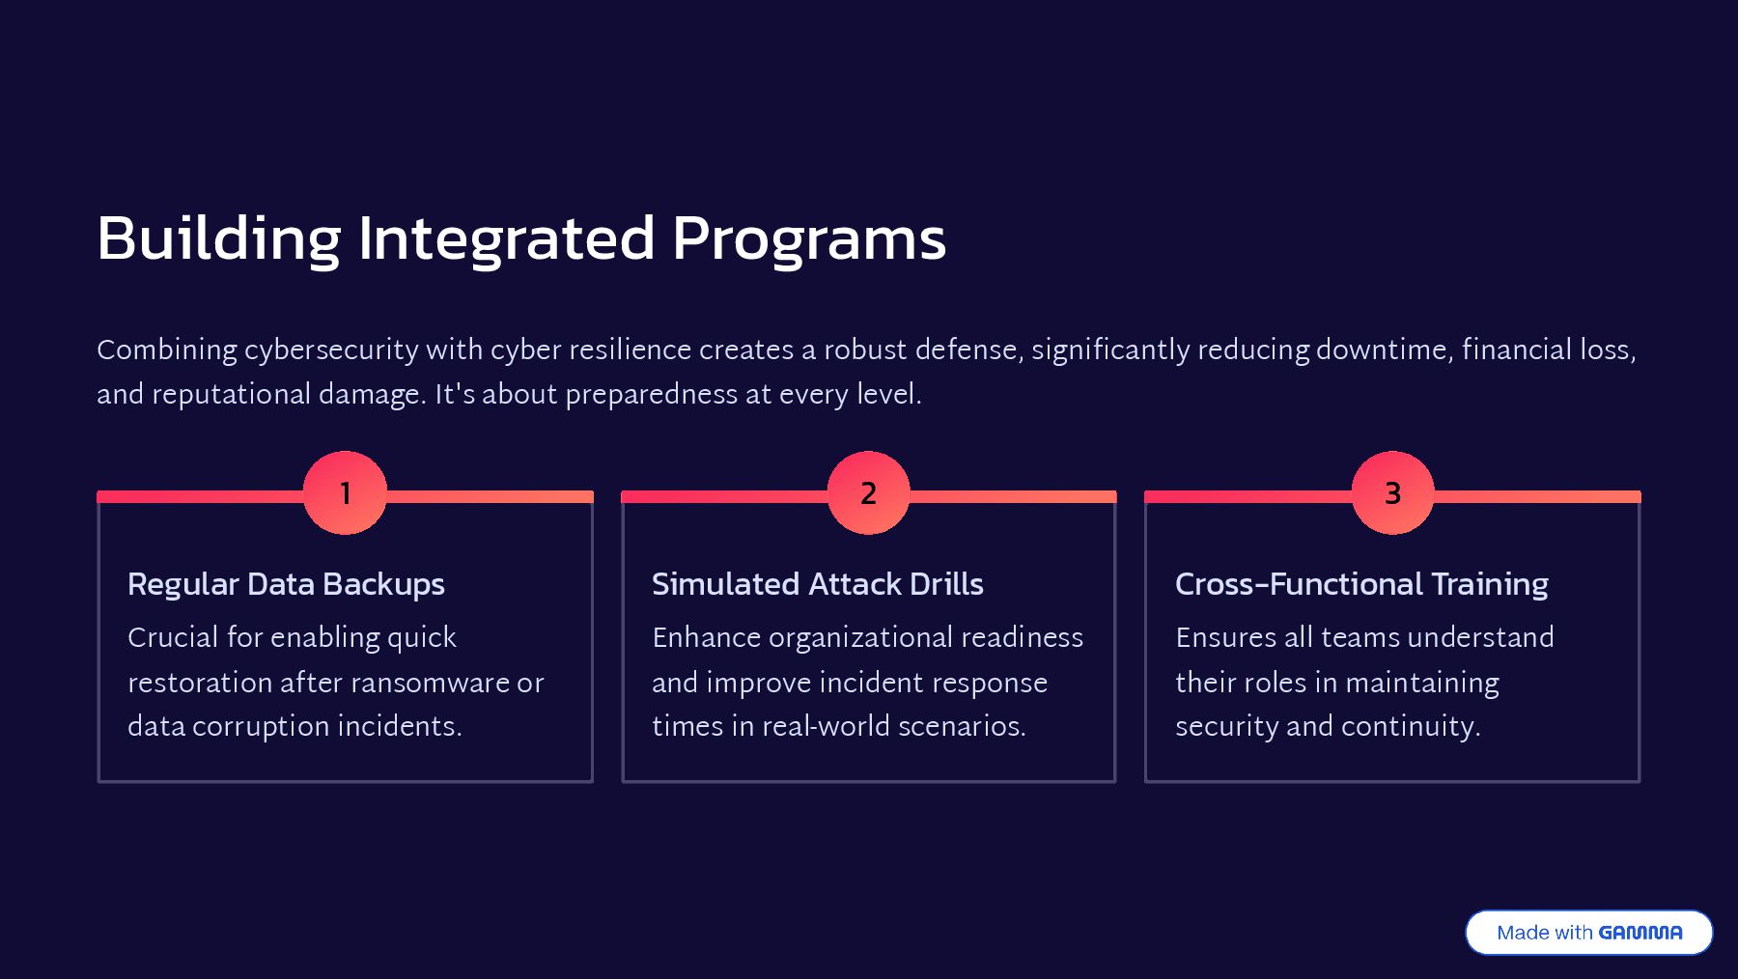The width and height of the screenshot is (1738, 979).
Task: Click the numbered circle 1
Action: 345,492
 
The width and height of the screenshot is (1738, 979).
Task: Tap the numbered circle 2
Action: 868,492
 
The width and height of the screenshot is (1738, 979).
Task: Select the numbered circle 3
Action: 1392,492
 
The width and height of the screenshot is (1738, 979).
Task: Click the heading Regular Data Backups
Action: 286,584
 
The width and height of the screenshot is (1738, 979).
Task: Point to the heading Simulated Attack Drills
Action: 817,584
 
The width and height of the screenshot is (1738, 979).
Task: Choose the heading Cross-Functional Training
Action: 1361,584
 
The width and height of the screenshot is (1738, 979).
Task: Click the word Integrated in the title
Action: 506,238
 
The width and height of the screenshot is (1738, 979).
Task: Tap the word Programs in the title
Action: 808,238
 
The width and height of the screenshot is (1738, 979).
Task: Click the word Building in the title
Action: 218,238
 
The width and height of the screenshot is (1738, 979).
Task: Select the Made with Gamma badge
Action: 1588,933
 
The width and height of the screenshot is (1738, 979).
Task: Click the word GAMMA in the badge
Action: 1640,933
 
